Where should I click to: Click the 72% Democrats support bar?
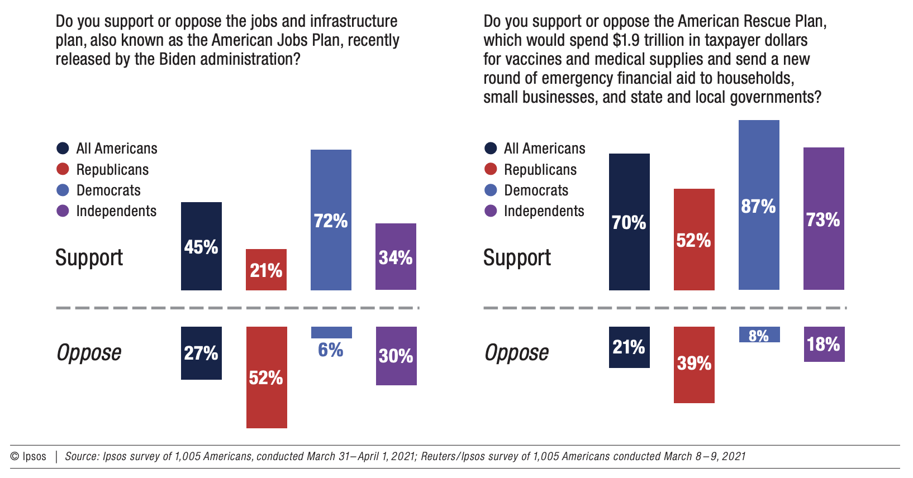(331, 220)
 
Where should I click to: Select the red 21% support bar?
(266, 270)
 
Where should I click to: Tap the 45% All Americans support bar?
(201, 246)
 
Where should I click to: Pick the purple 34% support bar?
(396, 257)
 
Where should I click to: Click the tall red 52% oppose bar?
(267, 377)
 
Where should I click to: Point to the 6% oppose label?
(331, 350)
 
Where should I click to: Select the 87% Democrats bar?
(759, 205)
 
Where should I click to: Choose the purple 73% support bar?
(824, 219)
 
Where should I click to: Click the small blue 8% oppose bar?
(759, 334)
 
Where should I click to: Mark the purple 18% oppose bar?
(824, 344)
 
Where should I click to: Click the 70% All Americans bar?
(629, 222)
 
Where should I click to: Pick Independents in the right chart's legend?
(544, 211)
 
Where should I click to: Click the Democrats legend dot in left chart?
(63, 190)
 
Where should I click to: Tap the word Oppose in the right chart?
(517, 352)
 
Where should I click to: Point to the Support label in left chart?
(89, 257)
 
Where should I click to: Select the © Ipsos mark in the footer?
(28, 456)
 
